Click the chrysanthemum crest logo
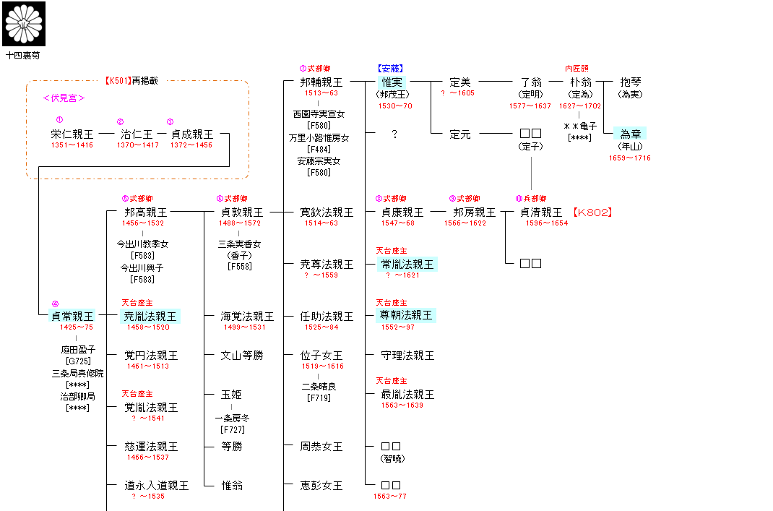point(24,23)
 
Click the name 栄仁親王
point(72,134)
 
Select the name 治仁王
point(137,134)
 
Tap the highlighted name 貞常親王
point(72,316)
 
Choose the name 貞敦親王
point(242,212)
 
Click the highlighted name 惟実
point(394,82)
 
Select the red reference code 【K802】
point(592,212)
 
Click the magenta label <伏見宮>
point(64,98)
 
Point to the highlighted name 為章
point(629,134)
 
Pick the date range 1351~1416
point(72,145)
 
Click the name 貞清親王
point(541,212)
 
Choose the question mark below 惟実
point(394,134)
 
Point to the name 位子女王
point(321,355)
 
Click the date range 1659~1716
point(629,158)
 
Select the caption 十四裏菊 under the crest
point(23,54)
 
